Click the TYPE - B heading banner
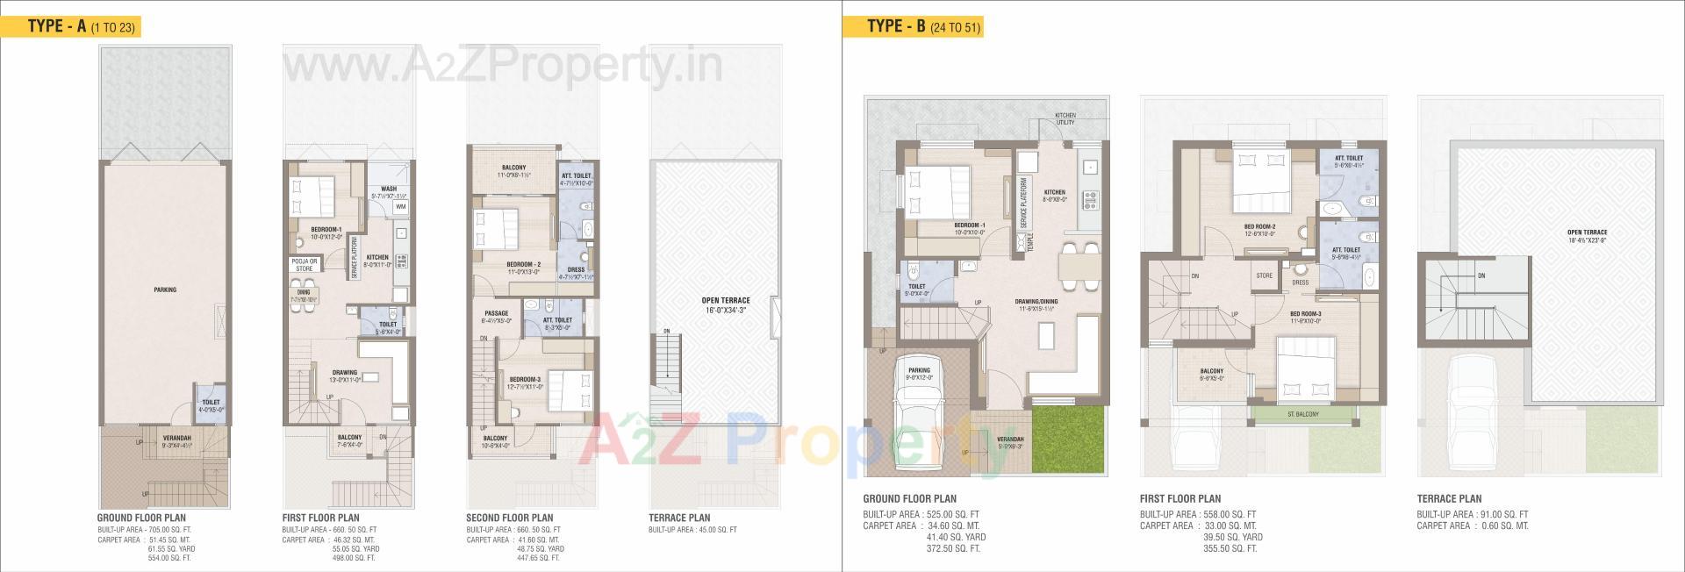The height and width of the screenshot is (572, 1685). pos(912,25)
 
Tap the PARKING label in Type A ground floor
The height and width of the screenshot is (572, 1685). pos(165,290)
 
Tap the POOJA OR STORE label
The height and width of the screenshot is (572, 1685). pos(303,265)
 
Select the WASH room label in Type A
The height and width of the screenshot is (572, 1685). pos(388,189)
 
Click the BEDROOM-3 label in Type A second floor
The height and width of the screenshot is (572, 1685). pos(525,378)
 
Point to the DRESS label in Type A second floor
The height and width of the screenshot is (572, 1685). pos(576,269)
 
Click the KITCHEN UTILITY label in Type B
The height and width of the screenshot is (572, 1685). pos(1065,119)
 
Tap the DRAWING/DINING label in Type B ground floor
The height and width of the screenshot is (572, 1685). pos(1038,301)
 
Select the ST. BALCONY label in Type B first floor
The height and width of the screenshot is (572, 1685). pos(1302,414)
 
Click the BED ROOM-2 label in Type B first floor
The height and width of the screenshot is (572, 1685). pos(1259,225)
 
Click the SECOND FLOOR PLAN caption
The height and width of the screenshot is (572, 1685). pos(509,518)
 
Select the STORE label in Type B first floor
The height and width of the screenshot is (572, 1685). pos(1264,275)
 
